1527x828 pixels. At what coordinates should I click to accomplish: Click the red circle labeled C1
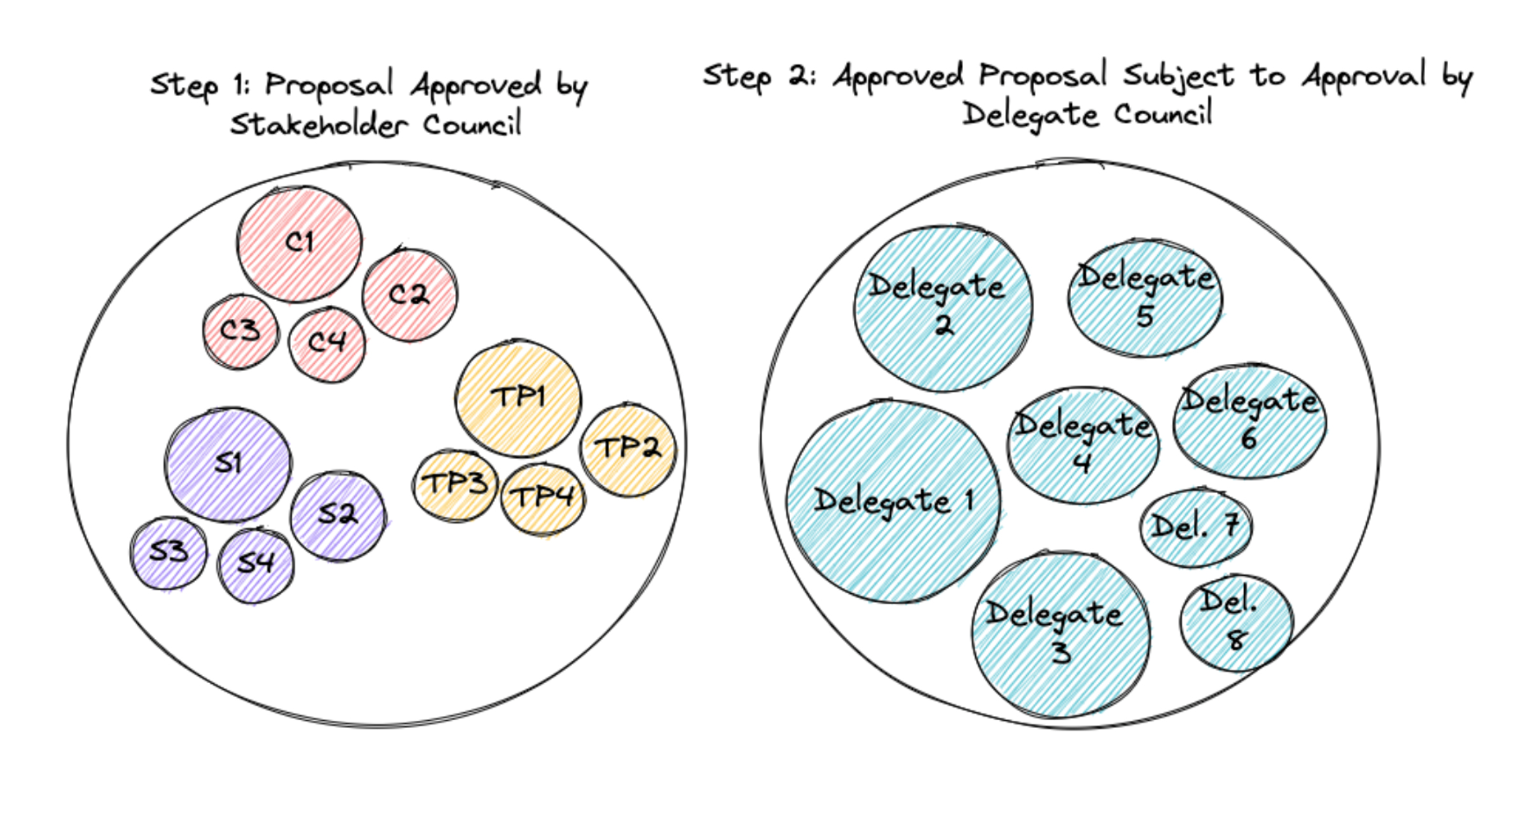[x=299, y=243]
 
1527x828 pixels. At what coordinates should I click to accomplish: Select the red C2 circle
[x=409, y=294]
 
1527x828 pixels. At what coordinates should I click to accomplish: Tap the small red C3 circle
[x=240, y=331]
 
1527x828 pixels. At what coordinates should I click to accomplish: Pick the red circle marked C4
[x=327, y=344]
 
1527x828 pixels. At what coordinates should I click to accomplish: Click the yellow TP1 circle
[x=518, y=398]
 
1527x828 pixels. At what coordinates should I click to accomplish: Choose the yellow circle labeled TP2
[x=627, y=449]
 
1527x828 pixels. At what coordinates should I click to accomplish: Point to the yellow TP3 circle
[x=455, y=484]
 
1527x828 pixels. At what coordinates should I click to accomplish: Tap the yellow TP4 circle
[x=542, y=498]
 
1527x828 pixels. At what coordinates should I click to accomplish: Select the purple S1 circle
[x=228, y=464]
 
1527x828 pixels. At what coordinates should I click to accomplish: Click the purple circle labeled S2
[x=337, y=515]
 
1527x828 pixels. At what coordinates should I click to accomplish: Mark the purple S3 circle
[x=168, y=553]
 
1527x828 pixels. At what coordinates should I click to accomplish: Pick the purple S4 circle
[x=255, y=564]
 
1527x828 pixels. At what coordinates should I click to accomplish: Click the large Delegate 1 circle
[x=893, y=501]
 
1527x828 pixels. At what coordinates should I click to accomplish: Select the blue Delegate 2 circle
[x=943, y=308]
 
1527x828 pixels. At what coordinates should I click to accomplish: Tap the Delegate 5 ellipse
[x=1145, y=298]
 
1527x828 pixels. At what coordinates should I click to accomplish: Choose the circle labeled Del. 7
[x=1195, y=527]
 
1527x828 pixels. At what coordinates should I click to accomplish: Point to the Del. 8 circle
[x=1235, y=622]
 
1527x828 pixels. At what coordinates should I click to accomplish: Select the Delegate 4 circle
[x=1082, y=445]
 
